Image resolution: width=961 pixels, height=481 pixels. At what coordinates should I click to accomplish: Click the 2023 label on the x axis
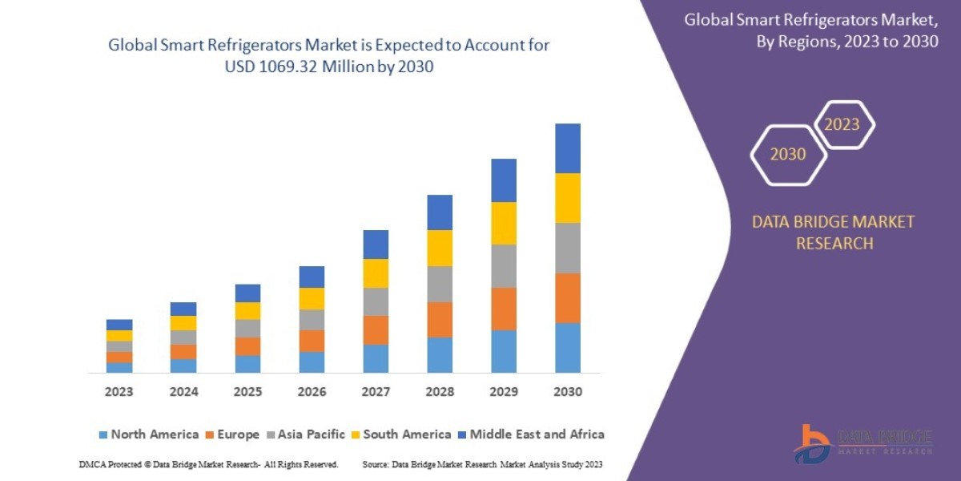[119, 392]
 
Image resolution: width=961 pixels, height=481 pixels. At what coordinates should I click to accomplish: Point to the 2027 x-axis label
[376, 392]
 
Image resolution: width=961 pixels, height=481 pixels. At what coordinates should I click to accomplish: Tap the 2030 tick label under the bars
[567, 392]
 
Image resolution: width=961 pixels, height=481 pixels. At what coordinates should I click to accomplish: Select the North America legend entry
[148, 435]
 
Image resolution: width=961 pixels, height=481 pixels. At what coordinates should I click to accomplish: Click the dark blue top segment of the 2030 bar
[567, 148]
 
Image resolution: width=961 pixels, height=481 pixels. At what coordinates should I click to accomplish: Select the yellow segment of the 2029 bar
[504, 223]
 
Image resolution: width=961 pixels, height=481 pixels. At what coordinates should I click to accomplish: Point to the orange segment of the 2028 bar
[440, 319]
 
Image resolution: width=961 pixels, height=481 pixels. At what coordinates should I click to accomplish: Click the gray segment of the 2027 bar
[376, 301]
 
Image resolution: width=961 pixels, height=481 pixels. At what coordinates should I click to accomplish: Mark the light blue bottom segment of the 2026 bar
[312, 362]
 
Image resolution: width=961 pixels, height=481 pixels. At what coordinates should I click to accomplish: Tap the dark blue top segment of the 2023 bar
[119, 325]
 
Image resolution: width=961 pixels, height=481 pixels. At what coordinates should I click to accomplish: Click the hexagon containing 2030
[788, 155]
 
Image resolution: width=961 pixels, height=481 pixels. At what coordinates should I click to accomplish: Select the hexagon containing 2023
[842, 124]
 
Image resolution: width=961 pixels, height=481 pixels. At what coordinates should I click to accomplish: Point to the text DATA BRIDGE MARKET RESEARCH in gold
[833, 232]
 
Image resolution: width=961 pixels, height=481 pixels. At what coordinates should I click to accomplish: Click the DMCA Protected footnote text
[209, 464]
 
